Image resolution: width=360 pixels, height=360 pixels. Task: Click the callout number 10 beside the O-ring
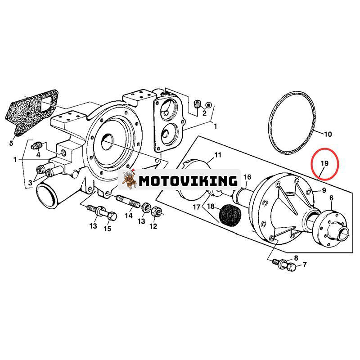point(328,134)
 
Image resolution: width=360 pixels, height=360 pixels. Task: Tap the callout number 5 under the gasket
point(11,144)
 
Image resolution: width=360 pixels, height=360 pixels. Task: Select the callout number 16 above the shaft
point(247,177)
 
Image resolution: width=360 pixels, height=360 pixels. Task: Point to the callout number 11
point(218,155)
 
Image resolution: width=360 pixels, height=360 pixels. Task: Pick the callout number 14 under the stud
point(129,216)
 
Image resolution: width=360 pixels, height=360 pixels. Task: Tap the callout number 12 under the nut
point(153,226)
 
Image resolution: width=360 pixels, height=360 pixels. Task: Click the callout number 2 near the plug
point(204,113)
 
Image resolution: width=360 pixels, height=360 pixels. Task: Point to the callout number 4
point(38,154)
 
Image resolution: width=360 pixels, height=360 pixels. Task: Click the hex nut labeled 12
point(155,210)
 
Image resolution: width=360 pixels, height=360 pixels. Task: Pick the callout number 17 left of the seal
point(196,207)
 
